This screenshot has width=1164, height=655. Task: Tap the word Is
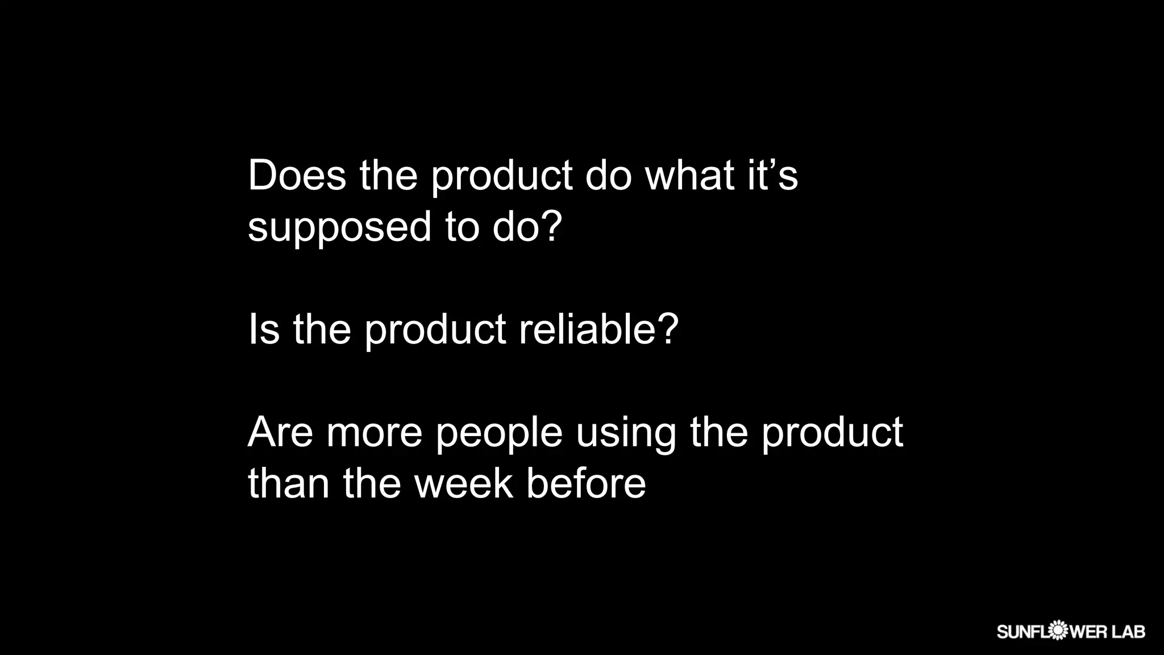264,329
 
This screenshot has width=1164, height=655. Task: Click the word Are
280,432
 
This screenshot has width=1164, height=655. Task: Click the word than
289,484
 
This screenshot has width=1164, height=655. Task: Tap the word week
463,484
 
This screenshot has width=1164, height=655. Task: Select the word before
585,484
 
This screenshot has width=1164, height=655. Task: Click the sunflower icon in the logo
1057,631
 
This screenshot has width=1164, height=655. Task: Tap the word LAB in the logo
1128,632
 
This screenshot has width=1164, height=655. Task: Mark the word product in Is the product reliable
435,330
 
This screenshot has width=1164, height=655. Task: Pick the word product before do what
502,176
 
